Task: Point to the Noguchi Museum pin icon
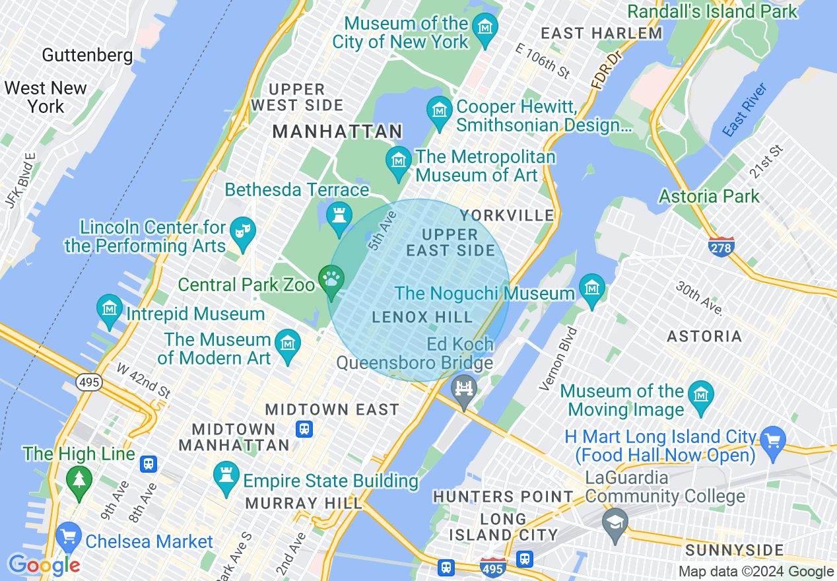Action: pyautogui.click(x=591, y=289)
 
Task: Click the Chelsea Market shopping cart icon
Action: pyautogui.click(x=68, y=538)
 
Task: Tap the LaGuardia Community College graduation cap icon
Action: pyautogui.click(x=615, y=522)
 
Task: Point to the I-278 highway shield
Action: pyautogui.click(x=721, y=247)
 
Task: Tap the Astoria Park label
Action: pyautogui.click(x=709, y=196)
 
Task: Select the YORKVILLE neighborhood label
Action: pyautogui.click(x=507, y=215)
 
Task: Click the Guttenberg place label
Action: pyautogui.click(x=87, y=55)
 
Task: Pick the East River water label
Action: pyautogui.click(x=745, y=110)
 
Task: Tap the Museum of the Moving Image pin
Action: pyautogui.click(x=700, y=395)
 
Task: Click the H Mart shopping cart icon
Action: pyautogui.click(x=772, y=438)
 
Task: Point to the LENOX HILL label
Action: pyautogui.click(x=422, y=318)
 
